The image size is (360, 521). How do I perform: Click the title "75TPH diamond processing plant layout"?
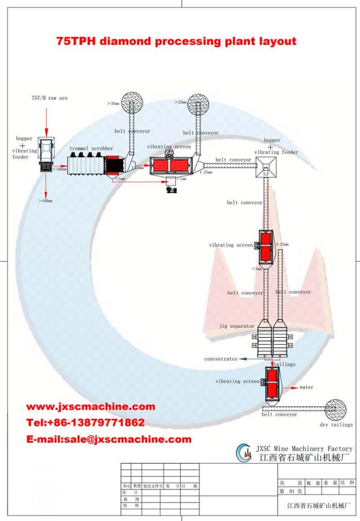click(176, 41)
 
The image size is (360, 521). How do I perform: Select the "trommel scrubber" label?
click(91, 149)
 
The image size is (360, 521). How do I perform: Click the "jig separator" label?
click(237, 326)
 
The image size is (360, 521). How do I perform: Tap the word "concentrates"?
click(221, 359)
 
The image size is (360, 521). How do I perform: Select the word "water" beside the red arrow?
click(307, 387)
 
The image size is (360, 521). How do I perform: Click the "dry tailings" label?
click(336, 425)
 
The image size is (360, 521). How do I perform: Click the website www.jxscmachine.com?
click(90, 407)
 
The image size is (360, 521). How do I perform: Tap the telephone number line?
click(85, 423)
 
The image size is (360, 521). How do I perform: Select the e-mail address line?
click(109, 439)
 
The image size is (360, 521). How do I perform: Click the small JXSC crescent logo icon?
click(245, 453)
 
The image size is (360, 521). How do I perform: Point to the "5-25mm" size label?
click(282, 244)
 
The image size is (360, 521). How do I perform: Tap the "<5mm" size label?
click(256, 269)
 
